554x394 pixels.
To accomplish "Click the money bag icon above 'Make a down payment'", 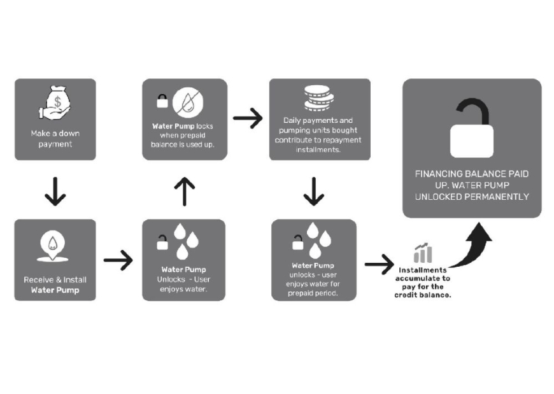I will (55, 103).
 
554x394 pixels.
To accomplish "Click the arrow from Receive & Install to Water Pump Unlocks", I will (118, 260).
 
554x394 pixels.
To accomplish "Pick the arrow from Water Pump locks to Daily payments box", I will (248, 118).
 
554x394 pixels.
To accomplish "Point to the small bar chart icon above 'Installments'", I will (422, 253).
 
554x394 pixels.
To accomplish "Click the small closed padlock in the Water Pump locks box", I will (162, 101).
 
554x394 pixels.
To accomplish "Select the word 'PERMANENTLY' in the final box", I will (500, 197).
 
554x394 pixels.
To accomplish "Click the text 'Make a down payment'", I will (55, 139).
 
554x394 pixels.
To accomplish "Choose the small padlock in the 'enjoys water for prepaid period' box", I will (297, 243).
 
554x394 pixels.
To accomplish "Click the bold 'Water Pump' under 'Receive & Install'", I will (55, 290).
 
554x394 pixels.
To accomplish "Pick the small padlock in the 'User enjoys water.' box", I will (163, 243).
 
